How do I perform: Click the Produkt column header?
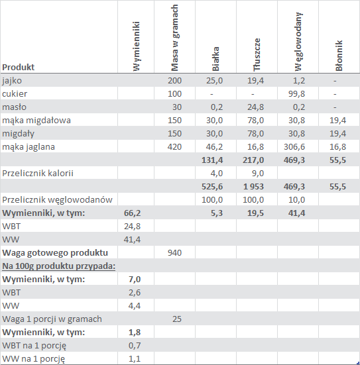[18, 67]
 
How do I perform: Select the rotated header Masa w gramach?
[174, 38]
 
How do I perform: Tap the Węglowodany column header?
[298, 42]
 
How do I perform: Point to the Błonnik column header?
[339, 56]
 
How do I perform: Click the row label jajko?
[12, 81]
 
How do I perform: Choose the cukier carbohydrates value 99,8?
[296, 94]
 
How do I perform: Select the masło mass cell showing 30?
[177, 107]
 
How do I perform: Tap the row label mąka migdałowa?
[36, 121]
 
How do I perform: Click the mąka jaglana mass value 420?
[174, 147]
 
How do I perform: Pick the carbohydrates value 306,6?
[294, 147]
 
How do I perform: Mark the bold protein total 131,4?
[212, 160]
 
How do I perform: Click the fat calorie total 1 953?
[253, 187]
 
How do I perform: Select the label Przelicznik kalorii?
[38, 174]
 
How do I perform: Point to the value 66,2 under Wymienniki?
[132, 213]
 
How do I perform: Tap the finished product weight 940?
[174, 253]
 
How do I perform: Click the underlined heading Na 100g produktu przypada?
[59, 266]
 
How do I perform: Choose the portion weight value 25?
[177, 319]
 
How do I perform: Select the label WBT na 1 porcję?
[34, 346]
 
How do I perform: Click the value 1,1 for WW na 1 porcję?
[135, 359]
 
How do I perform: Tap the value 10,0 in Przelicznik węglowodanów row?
[296, 200]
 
